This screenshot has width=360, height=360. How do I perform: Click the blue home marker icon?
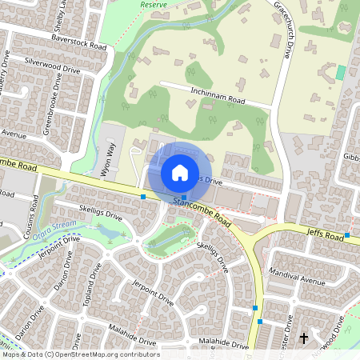(180, 173)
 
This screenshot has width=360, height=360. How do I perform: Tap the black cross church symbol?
(303, 338)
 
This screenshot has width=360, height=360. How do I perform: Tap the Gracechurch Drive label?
(282, 30)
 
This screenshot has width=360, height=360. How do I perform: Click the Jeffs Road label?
(322, 233)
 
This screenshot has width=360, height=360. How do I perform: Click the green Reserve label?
(154, 4)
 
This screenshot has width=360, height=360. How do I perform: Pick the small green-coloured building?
(341, 72)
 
